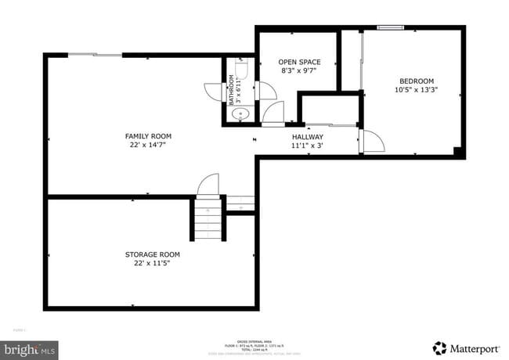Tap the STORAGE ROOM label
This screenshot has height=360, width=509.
(x=153, y=254)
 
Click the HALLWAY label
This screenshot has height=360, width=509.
(x=307, y=136)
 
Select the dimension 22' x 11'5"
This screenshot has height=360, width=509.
(x=153, y=263)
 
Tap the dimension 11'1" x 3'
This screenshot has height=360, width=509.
(x=307, y=145)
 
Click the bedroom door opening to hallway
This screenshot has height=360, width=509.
(x=371, y=142)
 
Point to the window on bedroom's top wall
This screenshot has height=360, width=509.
(x=390, y=28)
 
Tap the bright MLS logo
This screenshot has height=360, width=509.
(x=29, y=347)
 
